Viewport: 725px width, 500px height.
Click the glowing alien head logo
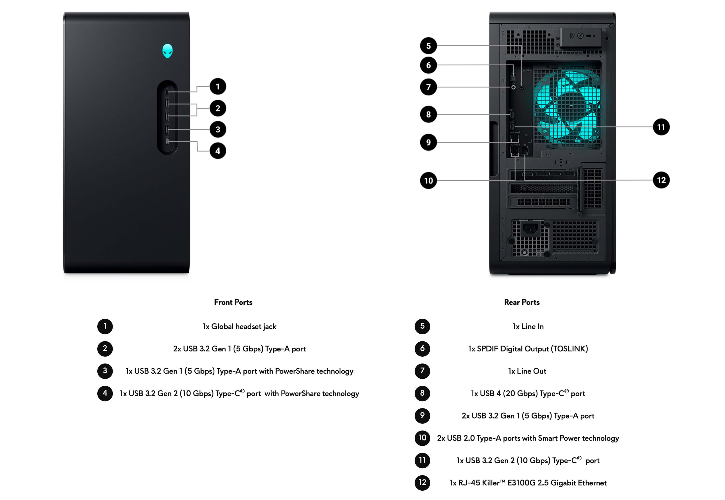coord(167,51)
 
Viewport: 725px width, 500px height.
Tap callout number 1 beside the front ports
coord(218,87)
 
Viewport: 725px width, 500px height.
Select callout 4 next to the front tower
coord(218,151)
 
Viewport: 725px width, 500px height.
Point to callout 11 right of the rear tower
coord(661,127)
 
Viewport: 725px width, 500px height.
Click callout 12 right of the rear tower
coord(661,180)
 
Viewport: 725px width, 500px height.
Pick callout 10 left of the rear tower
coord(428,180)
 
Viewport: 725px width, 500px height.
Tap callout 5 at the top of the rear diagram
coord(428,46)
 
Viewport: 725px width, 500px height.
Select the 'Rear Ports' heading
coord(522,302)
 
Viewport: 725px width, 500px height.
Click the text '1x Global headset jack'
coord(239,327)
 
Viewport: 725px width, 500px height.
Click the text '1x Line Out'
coord(527,371)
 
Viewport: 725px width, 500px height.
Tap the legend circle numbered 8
coord(422,393)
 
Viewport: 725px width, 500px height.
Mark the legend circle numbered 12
coord(422,483)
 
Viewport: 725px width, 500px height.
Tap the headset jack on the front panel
coord(167,92)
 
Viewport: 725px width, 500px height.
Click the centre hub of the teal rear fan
coord(571,106)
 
